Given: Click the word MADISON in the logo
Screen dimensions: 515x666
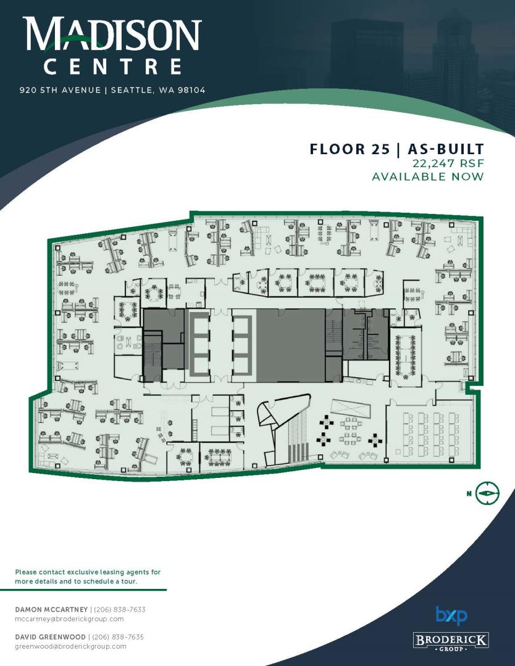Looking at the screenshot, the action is click(112, 34).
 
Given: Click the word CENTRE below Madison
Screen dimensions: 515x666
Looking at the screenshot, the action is click(113, 67).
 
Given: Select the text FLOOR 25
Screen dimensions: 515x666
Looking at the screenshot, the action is click(349, 149).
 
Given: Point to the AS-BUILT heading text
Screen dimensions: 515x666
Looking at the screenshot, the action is click(446, 149).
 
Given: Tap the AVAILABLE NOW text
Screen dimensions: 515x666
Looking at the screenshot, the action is click(428, 176).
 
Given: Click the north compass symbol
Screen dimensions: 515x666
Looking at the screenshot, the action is click(487, 493).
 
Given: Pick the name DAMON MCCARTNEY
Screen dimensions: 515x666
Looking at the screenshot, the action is click(51, 609).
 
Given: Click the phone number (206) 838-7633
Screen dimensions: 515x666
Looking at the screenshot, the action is click(120, 609).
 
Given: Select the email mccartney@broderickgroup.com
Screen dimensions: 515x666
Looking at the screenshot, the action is click(69, 619).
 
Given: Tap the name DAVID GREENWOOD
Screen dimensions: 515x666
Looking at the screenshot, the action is click(50, 637).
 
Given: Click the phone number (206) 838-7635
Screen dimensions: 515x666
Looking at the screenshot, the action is click(118, 637).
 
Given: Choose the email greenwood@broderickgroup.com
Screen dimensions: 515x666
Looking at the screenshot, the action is click(70, 646).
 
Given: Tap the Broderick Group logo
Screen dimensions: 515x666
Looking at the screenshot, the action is click(451, 641).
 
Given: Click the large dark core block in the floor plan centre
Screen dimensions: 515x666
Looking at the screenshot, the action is click(291, 345).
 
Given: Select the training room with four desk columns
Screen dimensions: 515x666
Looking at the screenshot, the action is click(430, 432).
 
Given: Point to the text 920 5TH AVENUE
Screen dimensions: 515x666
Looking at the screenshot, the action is click(60, 90).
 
